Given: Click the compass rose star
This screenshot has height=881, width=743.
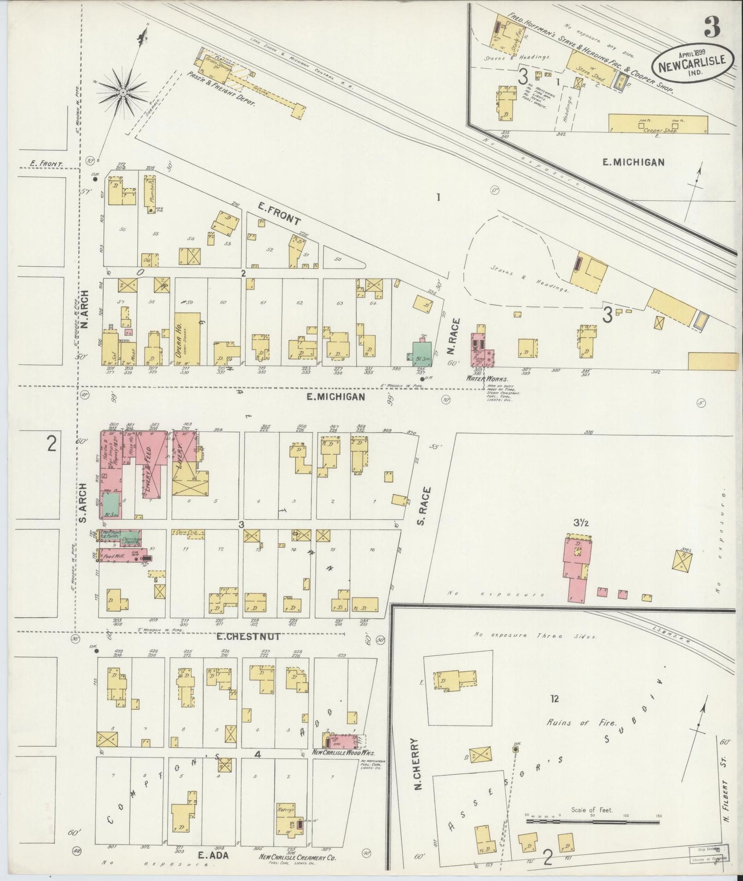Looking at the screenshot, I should (x=123, y=92).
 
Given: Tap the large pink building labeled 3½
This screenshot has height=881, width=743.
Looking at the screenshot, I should (x=578, y=568).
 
